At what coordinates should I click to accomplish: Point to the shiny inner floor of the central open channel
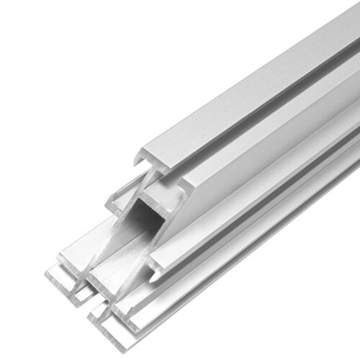(115, 266)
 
